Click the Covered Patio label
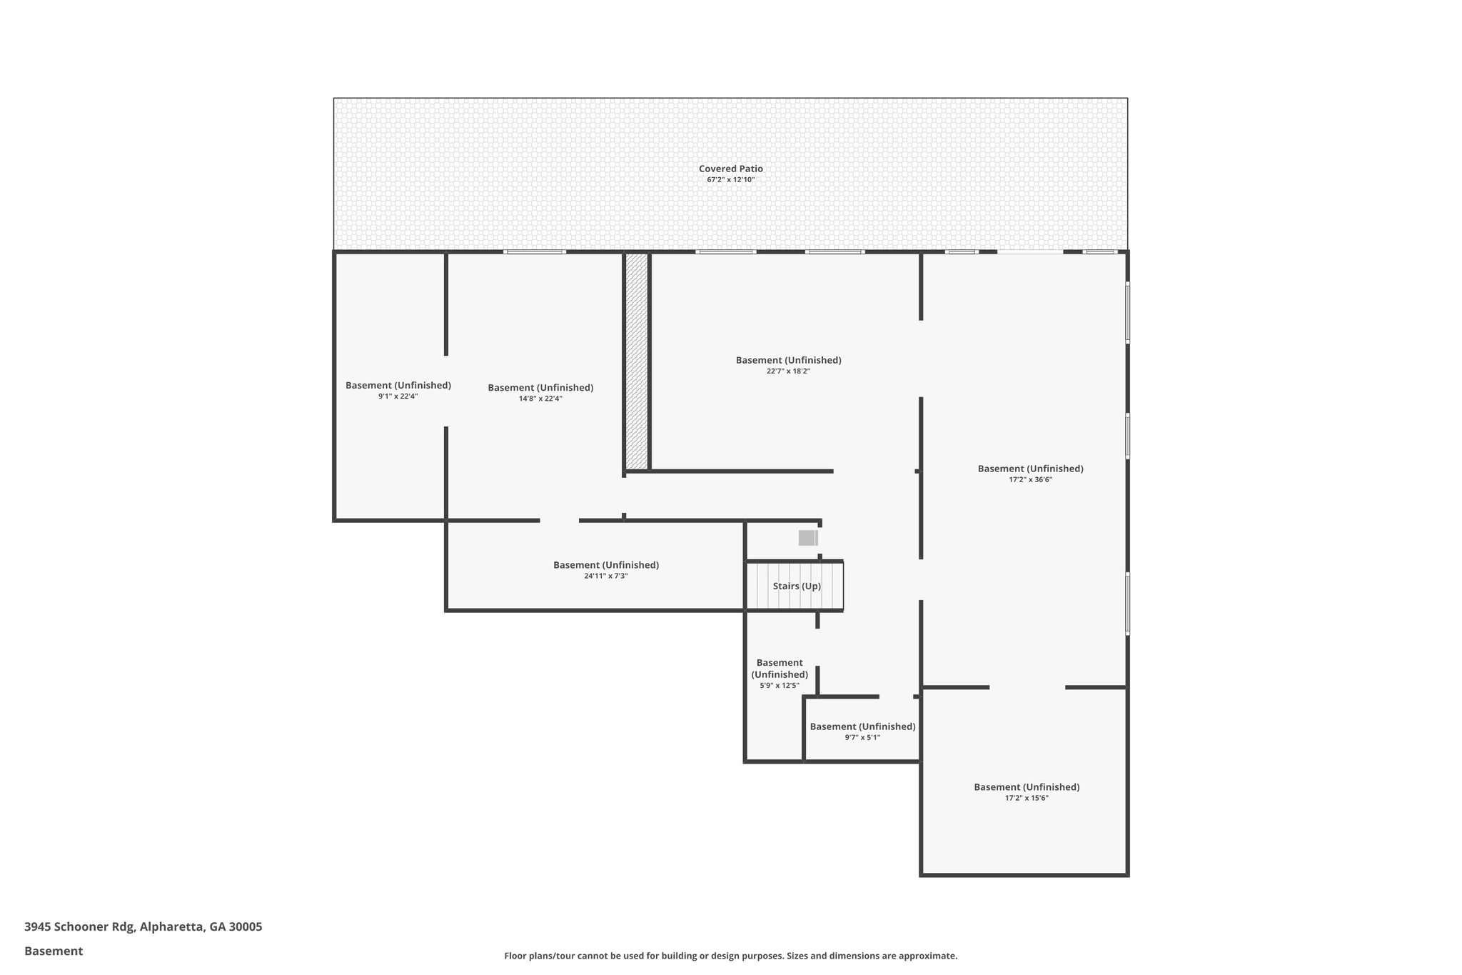point(730,169)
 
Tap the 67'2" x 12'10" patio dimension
point(730,180)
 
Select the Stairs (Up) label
point(797,586)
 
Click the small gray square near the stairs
point(807,538)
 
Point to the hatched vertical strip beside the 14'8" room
point(636,361)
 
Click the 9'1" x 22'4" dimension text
point(398,396)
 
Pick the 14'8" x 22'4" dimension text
point(540,399)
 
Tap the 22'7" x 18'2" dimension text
point(788,371)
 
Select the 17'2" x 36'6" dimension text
point(1030,480)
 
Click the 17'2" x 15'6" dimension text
point(1027,799)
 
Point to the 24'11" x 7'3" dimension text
point(605,576)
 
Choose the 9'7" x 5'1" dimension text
point(862,738)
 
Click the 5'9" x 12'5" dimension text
point(779,686)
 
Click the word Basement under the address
point(54,951)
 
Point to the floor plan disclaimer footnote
point(730,956)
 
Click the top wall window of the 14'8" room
point(535,251)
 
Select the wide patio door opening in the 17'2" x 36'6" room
point(1029,251)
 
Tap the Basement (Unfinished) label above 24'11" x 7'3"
point(605,565)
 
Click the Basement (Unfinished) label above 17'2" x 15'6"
point(1027,787)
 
